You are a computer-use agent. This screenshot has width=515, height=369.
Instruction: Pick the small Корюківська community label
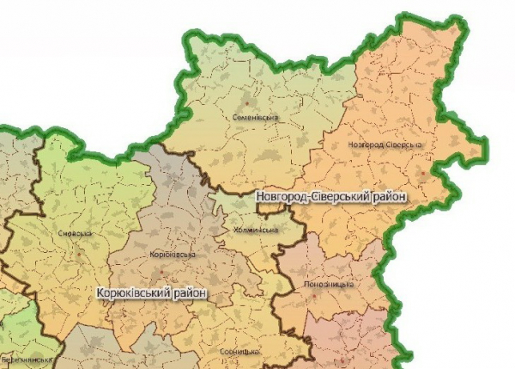coord(173,255)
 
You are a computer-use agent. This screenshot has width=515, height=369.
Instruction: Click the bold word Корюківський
coord(134,292)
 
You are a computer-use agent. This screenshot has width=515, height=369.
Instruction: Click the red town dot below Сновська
coord(78,255)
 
